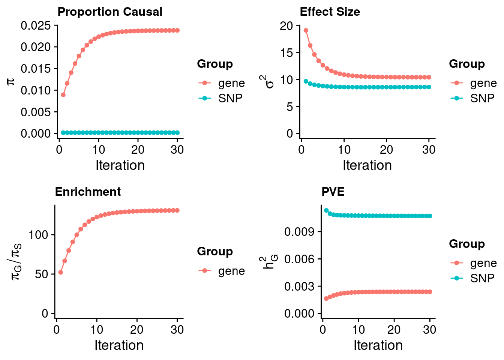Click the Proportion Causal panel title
[x=110, y=12]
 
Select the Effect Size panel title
[x=330, y=12]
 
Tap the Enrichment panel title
[x=88, y=192]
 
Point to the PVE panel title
[x=333, y=192]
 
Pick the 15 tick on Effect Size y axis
[x=286, y=53]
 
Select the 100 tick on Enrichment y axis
[x=39, y=235]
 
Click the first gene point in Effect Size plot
[x=306, y=30]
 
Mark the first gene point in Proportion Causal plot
[x=63, y=95]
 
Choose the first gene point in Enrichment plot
[x=61, y=272]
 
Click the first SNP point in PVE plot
[x=326, y=210]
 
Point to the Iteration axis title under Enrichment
[x=119, y=345]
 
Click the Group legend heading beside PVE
[x=467, y=244]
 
